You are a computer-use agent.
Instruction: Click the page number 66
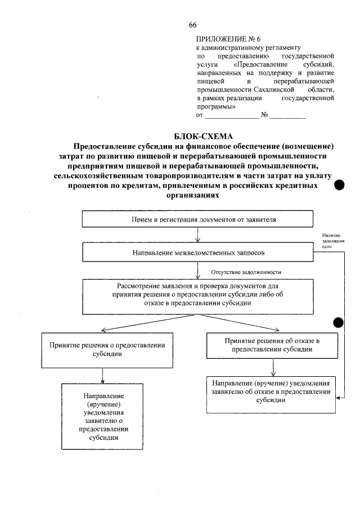[x=192, y=25]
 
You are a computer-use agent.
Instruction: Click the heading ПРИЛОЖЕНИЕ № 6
[x=228, y=39]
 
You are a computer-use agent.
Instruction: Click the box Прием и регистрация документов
[x=197, y=219]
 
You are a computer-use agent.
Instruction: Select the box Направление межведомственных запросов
[x=197, y=252]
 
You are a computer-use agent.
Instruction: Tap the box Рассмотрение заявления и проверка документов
[x=197, y=295]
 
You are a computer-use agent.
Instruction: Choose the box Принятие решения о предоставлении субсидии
[x=102, y=350]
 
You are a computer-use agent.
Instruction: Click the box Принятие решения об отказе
[x=272, y=345]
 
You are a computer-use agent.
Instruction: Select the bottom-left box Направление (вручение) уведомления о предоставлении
[x=102, y=416]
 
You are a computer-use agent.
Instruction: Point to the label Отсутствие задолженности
[x=246, y=272]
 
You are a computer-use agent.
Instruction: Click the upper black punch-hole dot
[x=340, y=186]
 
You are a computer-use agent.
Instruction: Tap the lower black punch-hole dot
[x=339, y=322]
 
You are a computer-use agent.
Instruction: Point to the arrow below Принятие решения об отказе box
[x=272, y=367]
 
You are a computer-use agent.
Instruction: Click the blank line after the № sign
[x=287, y=118]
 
